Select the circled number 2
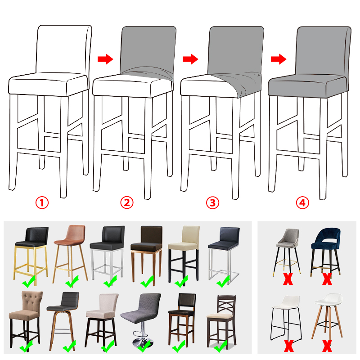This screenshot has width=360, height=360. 127,203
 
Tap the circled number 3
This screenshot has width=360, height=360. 212,203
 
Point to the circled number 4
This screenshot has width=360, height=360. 302,203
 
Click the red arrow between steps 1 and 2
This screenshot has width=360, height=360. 105,59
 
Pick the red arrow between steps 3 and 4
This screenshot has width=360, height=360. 279,59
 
